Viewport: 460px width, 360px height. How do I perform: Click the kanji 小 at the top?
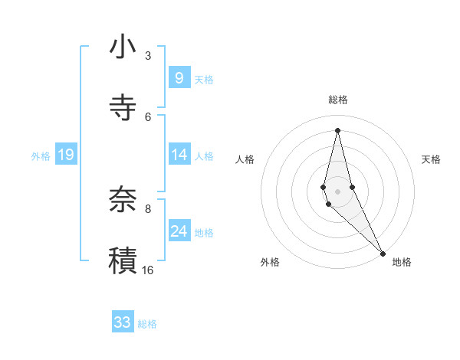(123, 47)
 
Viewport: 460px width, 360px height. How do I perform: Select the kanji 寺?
(123, 108)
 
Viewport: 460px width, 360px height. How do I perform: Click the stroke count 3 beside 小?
(148, 55)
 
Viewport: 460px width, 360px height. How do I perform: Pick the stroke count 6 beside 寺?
(148, 116)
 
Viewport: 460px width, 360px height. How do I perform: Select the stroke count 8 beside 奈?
(148, 208)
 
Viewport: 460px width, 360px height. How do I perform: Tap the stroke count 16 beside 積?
(148, 269)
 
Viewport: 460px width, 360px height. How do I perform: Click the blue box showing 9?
(179, 77)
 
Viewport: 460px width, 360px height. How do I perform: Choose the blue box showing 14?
(179, 155)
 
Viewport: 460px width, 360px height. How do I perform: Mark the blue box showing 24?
(179, 231)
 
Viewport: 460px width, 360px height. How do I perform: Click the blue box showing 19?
(65, 155)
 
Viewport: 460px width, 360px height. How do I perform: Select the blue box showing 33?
(123, 322)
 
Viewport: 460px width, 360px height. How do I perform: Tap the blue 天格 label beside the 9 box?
(204, 79)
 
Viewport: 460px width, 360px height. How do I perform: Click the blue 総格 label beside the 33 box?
(147, 324)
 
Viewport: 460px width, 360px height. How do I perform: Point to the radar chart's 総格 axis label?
(337, 100)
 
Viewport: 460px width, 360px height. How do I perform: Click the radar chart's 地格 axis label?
(402, 263)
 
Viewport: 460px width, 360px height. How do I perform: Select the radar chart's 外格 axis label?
(270, 263)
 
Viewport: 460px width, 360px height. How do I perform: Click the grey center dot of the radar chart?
(337, 191)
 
